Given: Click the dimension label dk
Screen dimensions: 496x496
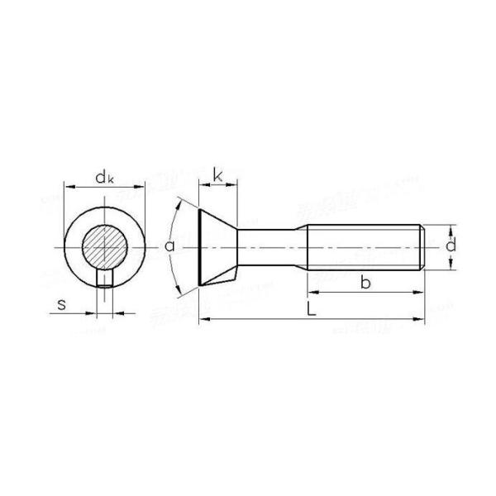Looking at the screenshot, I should (103, 176).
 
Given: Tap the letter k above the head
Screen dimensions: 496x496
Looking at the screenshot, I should (217, 174).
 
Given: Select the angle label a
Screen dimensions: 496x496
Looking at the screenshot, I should (169, 246).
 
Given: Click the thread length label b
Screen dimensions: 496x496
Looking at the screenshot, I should (365, 284).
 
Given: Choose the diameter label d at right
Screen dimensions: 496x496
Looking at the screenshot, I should (451, 246).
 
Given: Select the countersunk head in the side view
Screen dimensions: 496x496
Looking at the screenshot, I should (217, 246).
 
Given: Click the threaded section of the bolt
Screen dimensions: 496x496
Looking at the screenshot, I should (364, 246).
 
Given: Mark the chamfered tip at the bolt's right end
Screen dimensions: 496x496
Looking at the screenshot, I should (424, 246).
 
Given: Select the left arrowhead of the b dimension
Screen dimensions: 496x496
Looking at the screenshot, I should (312, 293).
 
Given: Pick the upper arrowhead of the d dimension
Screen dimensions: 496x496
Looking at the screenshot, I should (451, 227).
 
